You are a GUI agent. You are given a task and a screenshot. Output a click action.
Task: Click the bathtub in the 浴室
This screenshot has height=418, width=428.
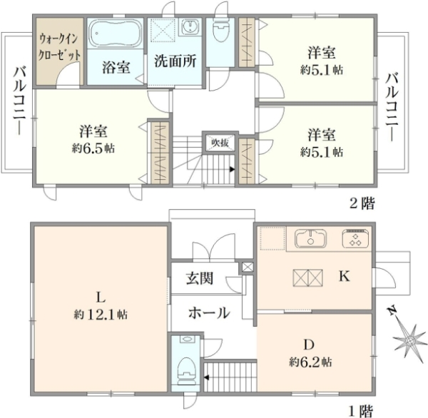point(116,34)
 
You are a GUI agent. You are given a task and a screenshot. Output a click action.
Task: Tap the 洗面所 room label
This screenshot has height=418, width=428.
point(175,61)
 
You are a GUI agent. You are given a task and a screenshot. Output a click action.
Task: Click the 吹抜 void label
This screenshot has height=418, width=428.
point(220,142)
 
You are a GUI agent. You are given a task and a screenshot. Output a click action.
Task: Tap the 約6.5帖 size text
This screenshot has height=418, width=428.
point(93,148)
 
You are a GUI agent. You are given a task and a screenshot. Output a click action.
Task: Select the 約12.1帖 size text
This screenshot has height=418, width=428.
point(100,315)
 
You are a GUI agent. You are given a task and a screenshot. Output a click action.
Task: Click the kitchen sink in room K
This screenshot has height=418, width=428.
point(310,238)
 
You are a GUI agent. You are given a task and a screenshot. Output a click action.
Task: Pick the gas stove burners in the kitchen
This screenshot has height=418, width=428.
point(356,238)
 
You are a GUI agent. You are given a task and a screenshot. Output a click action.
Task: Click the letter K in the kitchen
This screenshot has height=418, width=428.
point(345,276)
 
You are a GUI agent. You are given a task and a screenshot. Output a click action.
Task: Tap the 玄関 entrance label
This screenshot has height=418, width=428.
point(200,278)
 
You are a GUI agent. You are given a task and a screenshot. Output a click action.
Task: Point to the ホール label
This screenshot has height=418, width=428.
point(209,312)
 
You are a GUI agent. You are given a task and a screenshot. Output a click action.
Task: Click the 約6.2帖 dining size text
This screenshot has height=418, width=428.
point(310,362)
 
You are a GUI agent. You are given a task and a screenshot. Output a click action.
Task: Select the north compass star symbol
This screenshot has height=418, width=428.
point(409,339)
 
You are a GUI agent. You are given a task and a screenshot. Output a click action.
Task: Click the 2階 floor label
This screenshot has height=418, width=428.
point(362,203)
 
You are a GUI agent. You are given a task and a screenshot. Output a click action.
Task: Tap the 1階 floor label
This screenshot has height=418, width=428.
point(361,411)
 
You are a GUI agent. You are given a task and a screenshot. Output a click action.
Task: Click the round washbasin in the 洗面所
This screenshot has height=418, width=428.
point(188,27)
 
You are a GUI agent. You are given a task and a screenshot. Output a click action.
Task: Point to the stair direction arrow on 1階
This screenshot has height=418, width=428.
point(206,377)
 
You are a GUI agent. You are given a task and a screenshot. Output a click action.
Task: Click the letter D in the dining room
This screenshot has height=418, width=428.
point(309,345)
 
